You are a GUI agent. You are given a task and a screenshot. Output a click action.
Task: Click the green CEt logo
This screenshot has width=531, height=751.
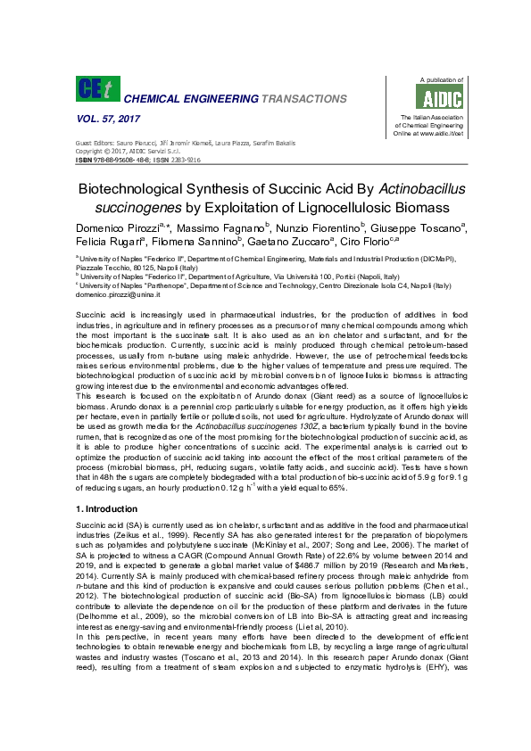pyautogui.click(x=95, y=88)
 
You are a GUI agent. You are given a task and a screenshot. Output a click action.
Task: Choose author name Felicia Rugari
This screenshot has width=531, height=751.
pyautogui.click(x=105, y=243)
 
